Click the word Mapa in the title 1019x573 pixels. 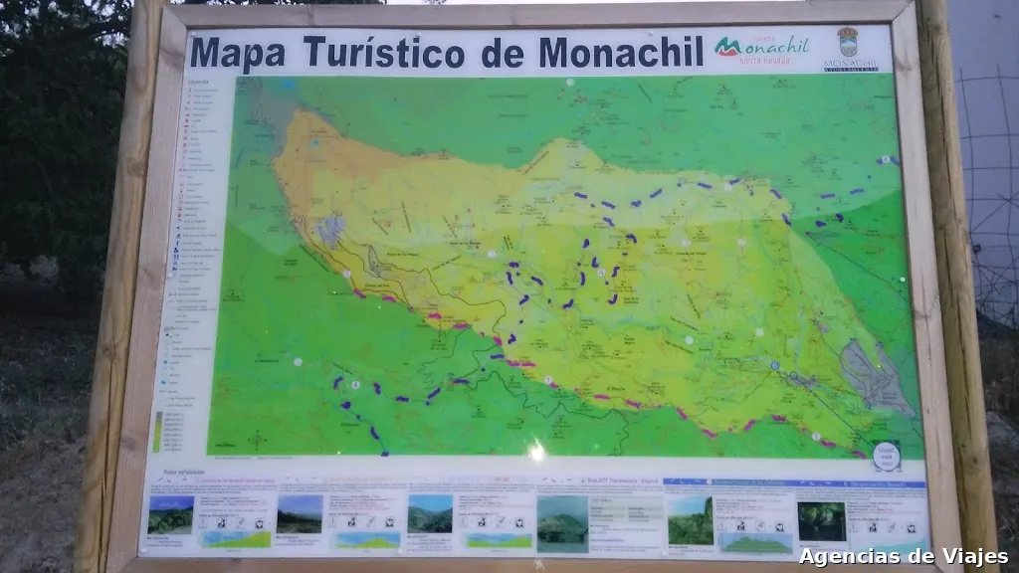tap(239, 51)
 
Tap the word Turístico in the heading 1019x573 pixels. tap(383, 51)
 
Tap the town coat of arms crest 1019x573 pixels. tap(849, 43)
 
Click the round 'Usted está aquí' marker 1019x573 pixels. tap(886, 456)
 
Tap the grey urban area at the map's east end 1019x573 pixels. tap(873, 376)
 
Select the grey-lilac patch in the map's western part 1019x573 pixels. tap(330, 230)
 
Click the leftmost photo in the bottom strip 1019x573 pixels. tap(170, 514)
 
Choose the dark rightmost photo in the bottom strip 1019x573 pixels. tap(821, 520)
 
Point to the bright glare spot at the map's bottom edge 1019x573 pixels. tap(536, 451)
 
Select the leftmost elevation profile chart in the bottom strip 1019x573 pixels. tap(236, 538)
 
